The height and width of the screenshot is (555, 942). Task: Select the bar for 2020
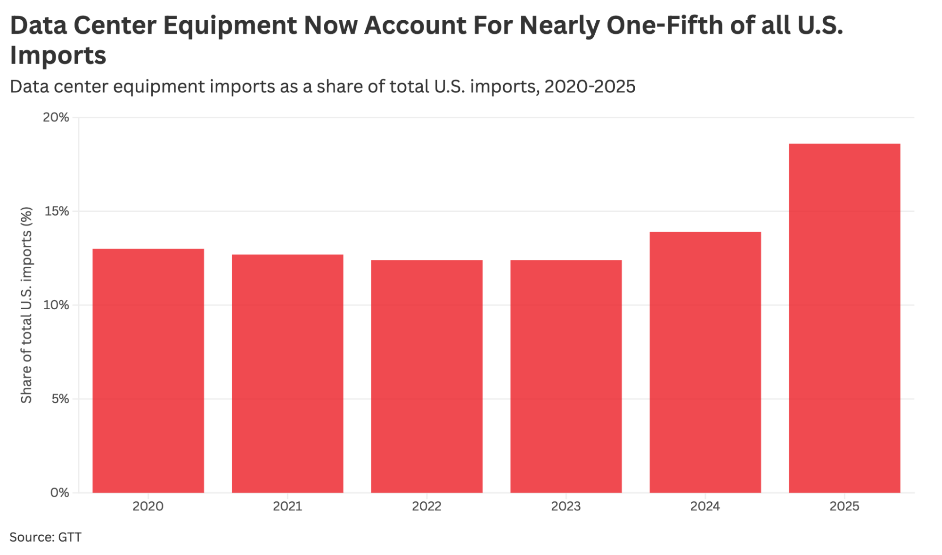(x=148, y=370)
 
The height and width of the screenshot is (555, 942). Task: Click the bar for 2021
(x=287, y=373)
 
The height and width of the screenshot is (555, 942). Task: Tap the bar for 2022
(x=426, y=376)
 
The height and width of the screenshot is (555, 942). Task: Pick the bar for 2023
(x=566, y=376)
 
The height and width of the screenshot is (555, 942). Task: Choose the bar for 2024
(x=705, y=362)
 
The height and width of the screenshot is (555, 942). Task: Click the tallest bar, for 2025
(x=844, y=318)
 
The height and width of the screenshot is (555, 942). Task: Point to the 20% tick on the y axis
(x=56, y=117)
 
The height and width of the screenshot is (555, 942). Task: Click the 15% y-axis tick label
(x=57, y=211)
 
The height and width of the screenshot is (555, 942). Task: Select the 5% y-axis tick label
(x=60, y=399)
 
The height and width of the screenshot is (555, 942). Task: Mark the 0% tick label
(x=60, y=493)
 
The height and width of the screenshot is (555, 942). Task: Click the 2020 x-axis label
(x=148, y=507)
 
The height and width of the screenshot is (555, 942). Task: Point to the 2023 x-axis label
(x=566, y=507)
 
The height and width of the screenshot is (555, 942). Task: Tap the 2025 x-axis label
(x=844, y=507)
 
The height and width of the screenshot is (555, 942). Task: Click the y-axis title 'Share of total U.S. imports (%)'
(x=26, y=305)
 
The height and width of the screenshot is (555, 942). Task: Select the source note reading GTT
(x=70, y=537)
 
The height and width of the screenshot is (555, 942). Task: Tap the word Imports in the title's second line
(x=58, y=56)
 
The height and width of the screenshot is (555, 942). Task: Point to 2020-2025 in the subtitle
(x=590, y=87)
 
